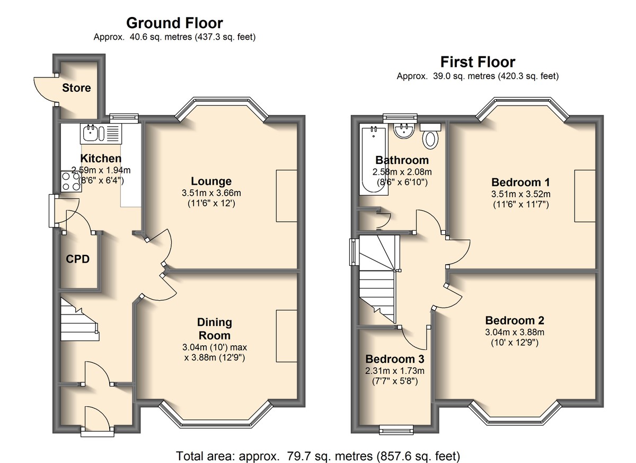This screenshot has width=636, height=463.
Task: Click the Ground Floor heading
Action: coord(174,23)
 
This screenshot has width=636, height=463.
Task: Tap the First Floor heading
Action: coord(478,62)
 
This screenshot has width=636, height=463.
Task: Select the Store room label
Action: coord(76,88)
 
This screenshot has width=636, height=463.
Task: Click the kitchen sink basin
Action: coord(91,133)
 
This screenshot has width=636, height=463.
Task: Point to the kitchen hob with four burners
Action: coord(71,181)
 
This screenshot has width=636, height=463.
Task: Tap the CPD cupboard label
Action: coord(77,259)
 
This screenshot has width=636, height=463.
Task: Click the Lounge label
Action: coord(211,181)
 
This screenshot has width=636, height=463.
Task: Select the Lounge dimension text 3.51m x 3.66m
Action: coord(211,193)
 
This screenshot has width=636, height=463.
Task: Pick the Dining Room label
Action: coord(214,329)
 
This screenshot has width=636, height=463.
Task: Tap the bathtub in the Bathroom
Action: coord(373,161)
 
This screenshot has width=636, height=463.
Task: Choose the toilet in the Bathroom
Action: coord(430,136)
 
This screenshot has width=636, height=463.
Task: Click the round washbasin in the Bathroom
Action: coord(403,130)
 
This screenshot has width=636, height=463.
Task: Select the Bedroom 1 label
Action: coord(520,182)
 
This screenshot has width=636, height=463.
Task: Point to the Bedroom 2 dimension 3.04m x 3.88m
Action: coord(515,332)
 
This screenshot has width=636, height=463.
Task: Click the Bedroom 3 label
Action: coord(395,359)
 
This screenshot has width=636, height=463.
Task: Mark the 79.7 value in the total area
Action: coord(297,456)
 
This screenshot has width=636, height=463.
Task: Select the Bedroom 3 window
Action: coord(396,430)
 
